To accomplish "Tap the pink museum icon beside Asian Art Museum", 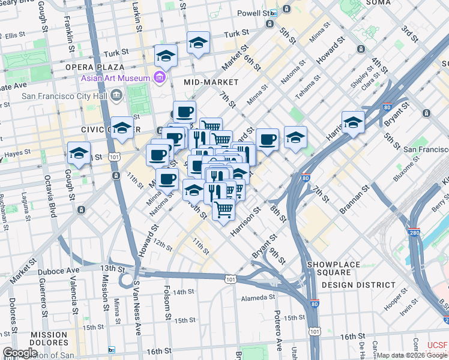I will click(159, 77).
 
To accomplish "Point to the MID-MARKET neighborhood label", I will click(211, 82).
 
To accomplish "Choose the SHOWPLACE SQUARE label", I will click(334, 265).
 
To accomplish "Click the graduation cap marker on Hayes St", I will click(79, 153).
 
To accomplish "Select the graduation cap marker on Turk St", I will click(198, 43).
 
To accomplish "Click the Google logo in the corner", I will click(20, 353).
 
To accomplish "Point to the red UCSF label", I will click(437, 346).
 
